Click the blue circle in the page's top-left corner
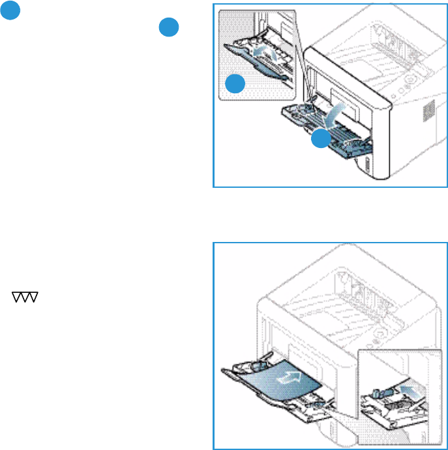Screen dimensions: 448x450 coord(9,10)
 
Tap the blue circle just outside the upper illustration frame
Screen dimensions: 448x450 coord(168,27)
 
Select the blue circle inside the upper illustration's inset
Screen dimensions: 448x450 coord(235,84)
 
